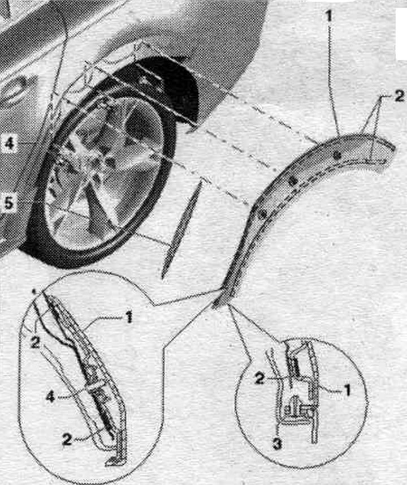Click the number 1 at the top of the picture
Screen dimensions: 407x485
coord(330,16)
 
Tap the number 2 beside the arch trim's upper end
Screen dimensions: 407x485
coord(399,97)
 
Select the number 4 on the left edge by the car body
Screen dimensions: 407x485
coord(9,144)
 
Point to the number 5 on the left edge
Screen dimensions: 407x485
coord(9,203)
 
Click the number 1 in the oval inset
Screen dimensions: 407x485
coord(129,317)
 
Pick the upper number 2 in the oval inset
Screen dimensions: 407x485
coord(35,342)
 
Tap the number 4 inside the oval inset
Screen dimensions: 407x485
coord(51,397)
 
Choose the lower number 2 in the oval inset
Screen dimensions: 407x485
coord(67,439)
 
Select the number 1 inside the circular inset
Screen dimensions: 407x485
coord(347,390)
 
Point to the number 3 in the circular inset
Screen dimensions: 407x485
coord(277,444)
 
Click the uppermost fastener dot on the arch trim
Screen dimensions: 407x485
coord(338,155)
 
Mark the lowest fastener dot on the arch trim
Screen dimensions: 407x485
coord(263,213)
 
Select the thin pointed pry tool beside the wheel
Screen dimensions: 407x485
coord(181,229)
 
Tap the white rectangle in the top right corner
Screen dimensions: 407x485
coord(401,33)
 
